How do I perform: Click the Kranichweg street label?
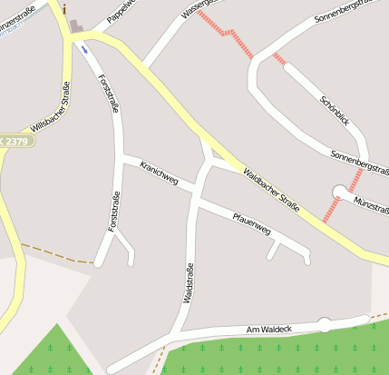point(160,173)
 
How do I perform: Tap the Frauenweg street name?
point(251,223)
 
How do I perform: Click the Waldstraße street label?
point(189,282)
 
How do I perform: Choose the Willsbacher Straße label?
point(52,108)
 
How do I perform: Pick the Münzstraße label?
point(371,204)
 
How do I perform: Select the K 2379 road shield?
point(15,141)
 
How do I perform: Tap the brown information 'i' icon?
point(64,8)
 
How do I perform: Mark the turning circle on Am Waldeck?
point(324,323)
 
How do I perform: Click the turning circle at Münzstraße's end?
point(339,192)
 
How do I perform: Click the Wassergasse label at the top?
point(201,8)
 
